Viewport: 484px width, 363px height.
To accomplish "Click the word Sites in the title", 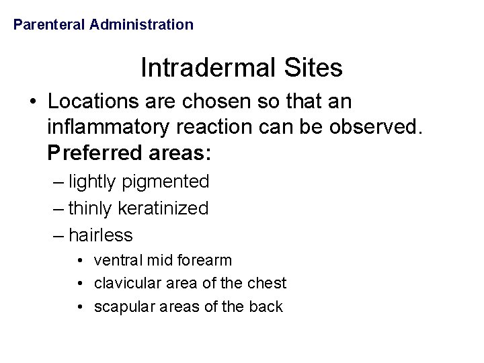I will [x=315, y=67].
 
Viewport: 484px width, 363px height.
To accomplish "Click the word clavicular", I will [x=123, y=283].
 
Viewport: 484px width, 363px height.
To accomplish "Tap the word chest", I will [x=270, y=283].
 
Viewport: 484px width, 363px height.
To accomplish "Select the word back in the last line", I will [x=268, y=307].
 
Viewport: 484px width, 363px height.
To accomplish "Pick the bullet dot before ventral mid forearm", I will [x=80, y=260].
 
